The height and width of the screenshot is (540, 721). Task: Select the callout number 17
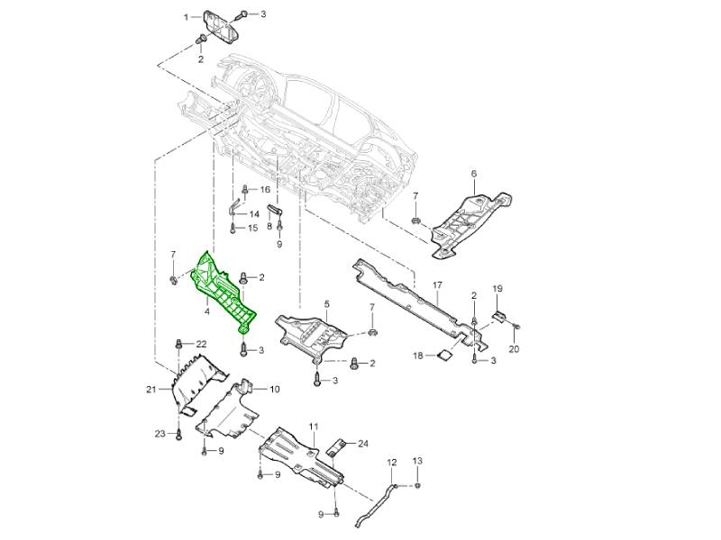437,285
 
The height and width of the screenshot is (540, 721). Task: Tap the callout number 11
314,425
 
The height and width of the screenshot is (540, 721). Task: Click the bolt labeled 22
179,344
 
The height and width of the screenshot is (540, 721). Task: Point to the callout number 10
274,389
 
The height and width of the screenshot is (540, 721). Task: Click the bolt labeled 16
245,191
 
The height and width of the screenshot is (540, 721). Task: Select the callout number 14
254,214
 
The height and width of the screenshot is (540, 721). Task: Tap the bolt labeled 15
234,228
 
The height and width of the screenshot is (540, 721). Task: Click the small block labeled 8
278,211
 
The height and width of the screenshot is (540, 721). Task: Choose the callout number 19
497,288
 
